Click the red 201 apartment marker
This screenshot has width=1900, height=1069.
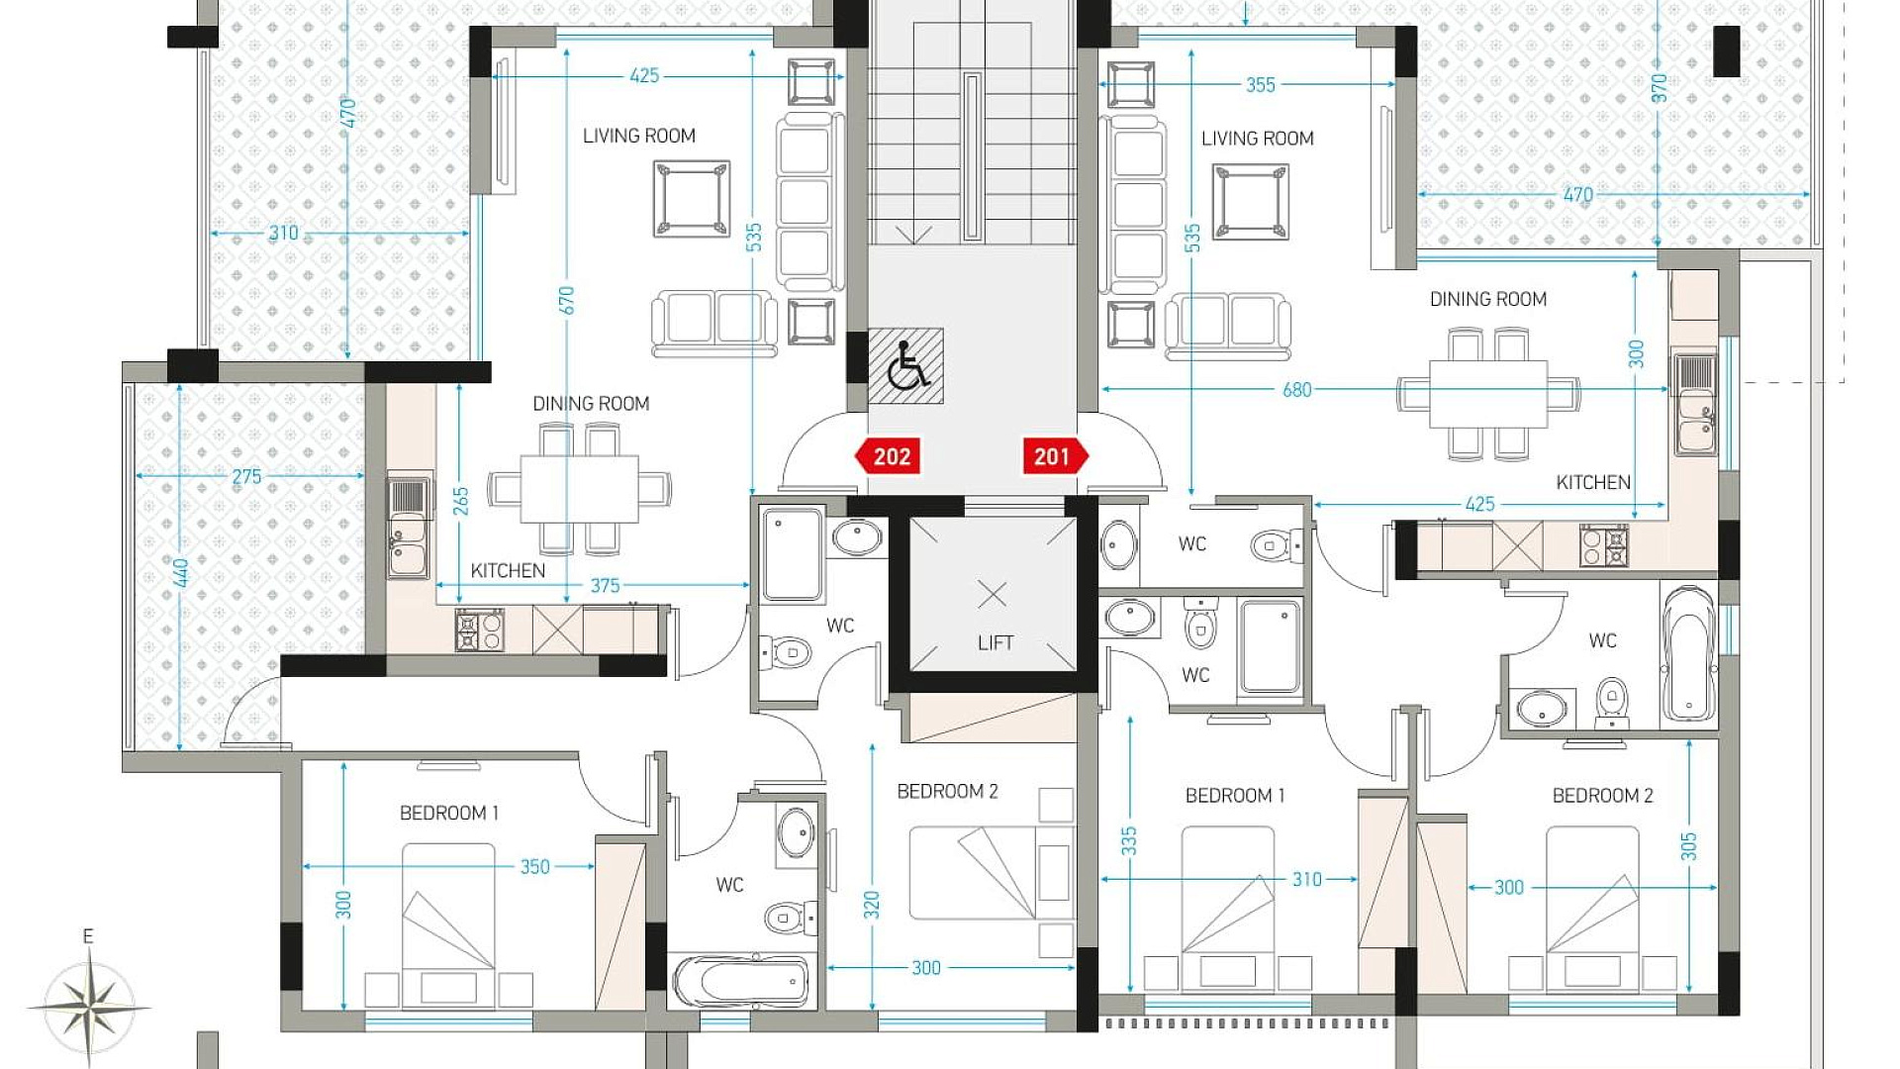pyautogui.click(x=1056, y=456)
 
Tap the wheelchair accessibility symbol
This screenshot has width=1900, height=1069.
pyautogui.click(x=906, y=365)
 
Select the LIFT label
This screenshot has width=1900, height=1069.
pyautogui.click(x=995, y=643)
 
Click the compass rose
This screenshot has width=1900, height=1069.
pyautogui.click(x=89, y=1008)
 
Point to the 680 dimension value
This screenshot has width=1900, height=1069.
pyautogui.click(x=1296, y=390)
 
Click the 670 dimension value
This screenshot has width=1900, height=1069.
pyautogui.click(x=566, y=300)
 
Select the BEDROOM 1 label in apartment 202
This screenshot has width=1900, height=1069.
pyautogui.click(x=449, y=813)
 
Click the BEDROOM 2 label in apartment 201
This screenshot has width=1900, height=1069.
pyautogui.click(x=1602, y=796)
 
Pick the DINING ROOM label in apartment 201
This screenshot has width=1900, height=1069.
pyautogui.click(x=1487, y=299)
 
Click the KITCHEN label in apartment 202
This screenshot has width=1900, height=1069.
pyautogui.click(x=508, y=571)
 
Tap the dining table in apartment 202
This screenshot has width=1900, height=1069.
pyautogui.click(x=579, y=488)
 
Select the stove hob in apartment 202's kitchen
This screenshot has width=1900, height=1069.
pyautogui.click(x=480, y=631)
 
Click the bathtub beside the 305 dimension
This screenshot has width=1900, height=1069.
pyautogui.click(x=1688, y=654)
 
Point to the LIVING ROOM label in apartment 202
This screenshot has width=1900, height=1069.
pyautogui.click(x=638, y=136)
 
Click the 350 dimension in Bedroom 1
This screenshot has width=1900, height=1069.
pyautogui.click(x=534, y=867)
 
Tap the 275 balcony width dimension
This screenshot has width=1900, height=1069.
pyautogui.click(x=246, y=476)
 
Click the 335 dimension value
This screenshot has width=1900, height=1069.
pyautogui.click(x=1129, y=841)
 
